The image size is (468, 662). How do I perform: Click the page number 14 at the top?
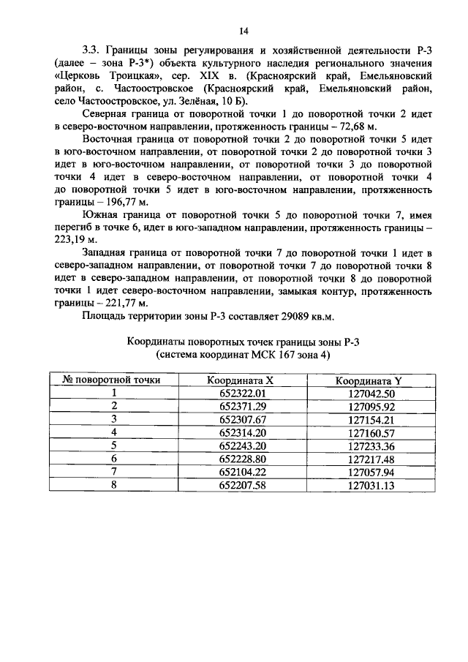coord(244,30)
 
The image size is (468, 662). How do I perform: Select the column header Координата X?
coord(241,380)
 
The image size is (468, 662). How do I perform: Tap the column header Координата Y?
coord(369,380)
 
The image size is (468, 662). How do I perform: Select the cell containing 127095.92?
coord(370,406)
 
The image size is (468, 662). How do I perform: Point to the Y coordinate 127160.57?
coord(370,432)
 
